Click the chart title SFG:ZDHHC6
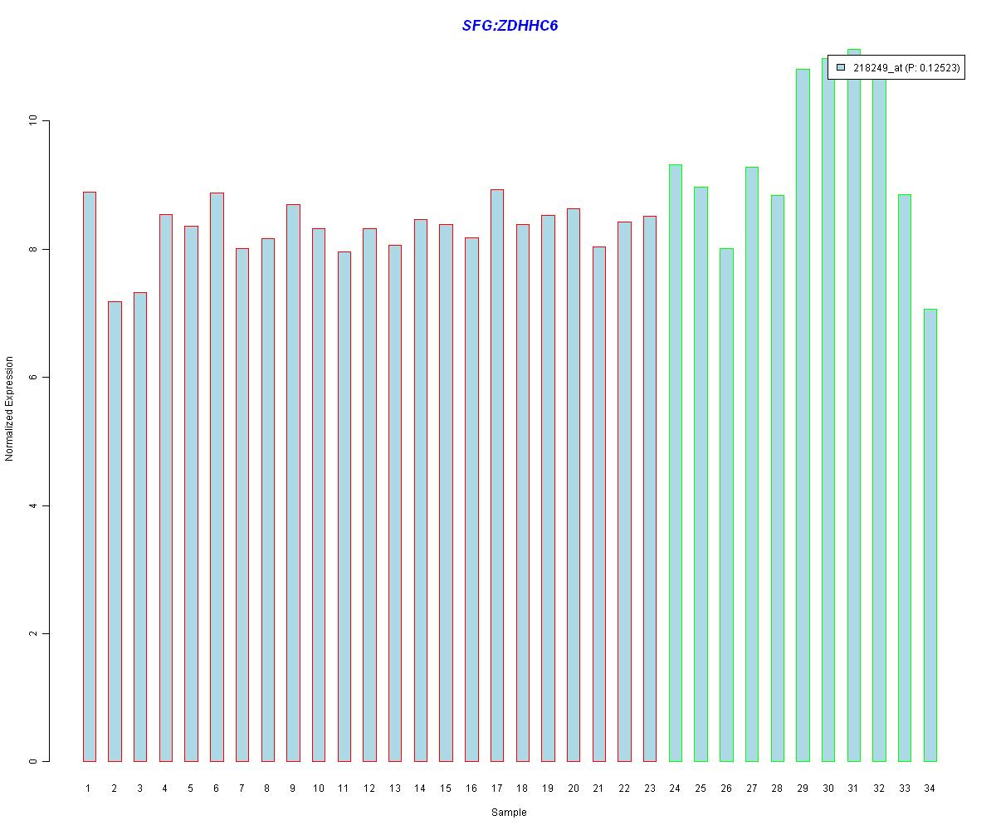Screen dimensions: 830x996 coord(510,26)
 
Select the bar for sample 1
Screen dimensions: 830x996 coord(89,476)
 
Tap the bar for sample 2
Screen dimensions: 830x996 coord(115,531)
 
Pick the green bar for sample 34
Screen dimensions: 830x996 coord(930,535)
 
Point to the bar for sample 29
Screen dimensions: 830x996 coord(803,415)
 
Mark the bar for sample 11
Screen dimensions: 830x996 coord(344,506)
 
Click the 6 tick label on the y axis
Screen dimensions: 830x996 coord(33,378)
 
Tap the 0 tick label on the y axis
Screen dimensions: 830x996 coord(33,762)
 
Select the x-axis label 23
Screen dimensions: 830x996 coord(649,788)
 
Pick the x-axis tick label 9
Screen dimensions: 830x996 coord(292,788)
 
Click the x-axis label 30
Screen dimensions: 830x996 coord(828,788)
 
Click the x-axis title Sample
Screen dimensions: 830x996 coord(509,813)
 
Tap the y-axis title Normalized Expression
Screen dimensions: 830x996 coord(10,408)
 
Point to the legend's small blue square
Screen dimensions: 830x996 coord(841,67)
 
